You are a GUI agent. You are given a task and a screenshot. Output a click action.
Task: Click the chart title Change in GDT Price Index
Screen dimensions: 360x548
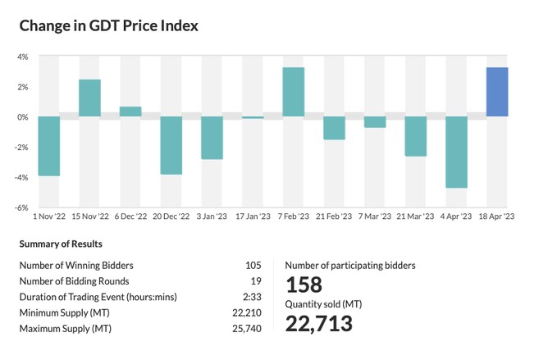(x=109, y=25)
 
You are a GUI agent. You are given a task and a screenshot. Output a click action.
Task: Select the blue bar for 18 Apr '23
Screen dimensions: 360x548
(x=497, y=92)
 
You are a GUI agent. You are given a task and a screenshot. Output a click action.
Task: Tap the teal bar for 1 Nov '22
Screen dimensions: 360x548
(x=49, y=146)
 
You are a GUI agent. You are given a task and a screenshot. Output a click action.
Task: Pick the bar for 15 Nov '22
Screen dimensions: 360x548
(x=89, y=98)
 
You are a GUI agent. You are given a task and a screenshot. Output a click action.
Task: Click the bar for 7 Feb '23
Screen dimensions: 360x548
(x=294, y=92)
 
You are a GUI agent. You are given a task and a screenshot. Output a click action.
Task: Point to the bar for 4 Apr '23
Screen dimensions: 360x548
(x=456, y=152)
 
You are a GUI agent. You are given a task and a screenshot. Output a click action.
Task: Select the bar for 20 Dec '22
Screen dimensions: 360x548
(x=171, y=145)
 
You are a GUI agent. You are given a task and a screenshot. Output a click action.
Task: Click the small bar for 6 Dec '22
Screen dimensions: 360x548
(x=130, y=112)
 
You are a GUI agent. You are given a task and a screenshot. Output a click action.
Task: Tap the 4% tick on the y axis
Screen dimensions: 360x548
(x=23, y=57)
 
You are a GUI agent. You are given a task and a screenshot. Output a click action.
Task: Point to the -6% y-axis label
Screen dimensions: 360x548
(x=22, y=207)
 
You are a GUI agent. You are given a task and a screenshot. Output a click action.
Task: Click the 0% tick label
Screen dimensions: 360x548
(x=23, y=116)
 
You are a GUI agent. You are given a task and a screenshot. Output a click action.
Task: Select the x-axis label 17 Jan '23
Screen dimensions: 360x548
(x=253, y=217)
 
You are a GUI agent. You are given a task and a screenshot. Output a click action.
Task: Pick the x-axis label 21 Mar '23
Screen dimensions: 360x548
(x=416, y=217)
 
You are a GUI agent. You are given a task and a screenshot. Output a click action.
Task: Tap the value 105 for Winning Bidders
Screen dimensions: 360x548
(x=253, y=265)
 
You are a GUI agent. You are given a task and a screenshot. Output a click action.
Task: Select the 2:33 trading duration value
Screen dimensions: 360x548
(x=252, y=296)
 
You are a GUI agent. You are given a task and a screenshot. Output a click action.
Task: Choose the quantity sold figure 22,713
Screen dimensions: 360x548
(x=319, y=323)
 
